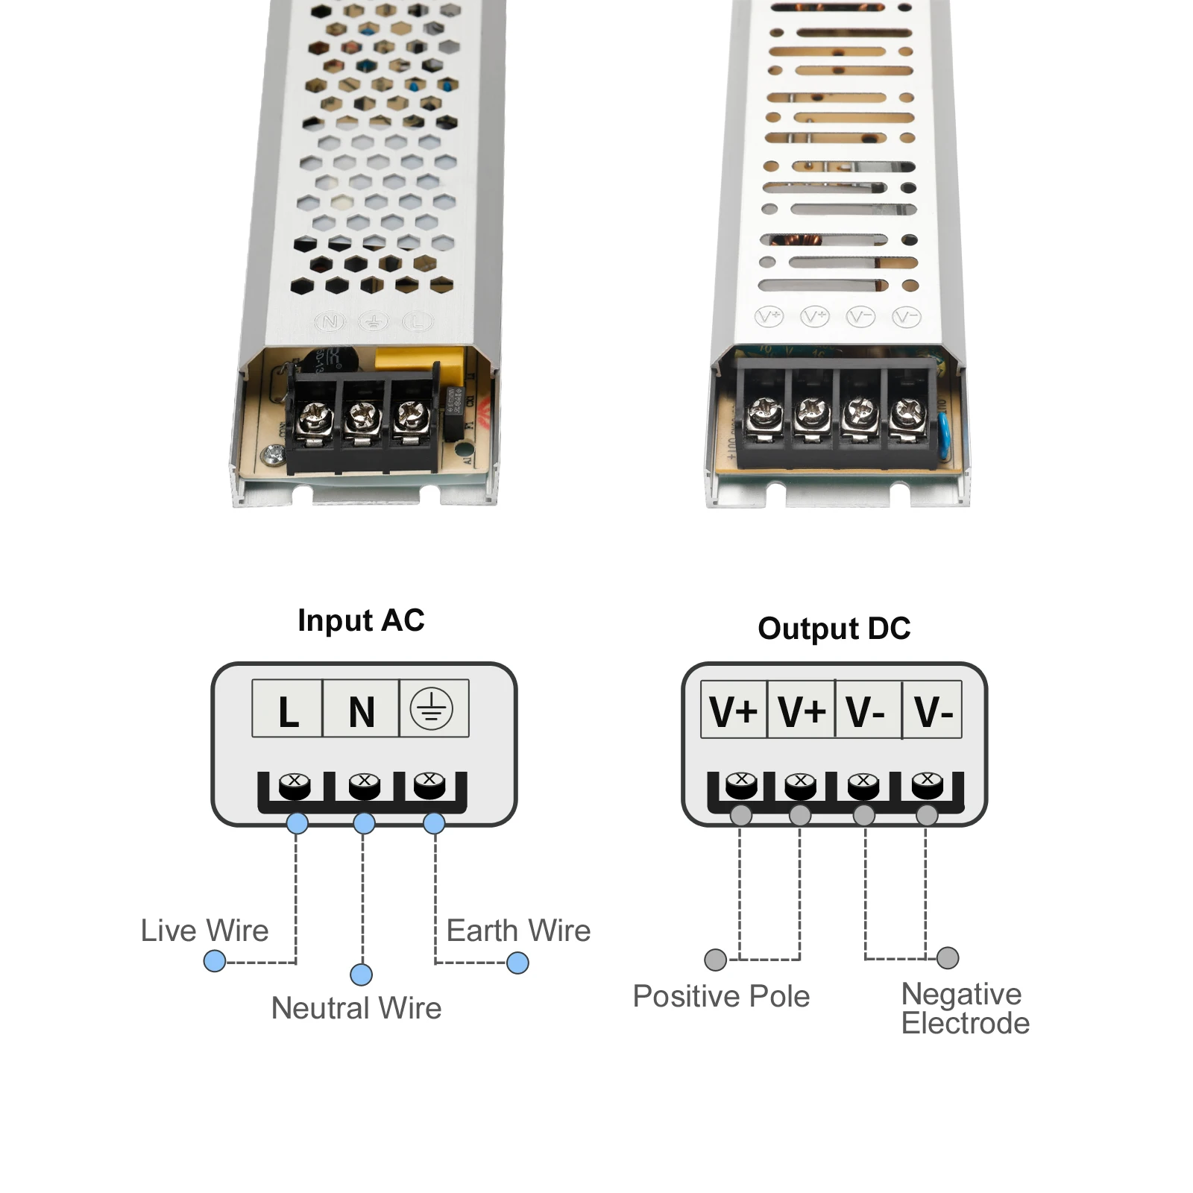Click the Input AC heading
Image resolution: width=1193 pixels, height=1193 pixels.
click(361, 620)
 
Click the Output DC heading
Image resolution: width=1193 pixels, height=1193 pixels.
click(834, 629)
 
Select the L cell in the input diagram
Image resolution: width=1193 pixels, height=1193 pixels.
click(288, 709)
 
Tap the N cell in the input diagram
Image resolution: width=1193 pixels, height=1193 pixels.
click(362, 709)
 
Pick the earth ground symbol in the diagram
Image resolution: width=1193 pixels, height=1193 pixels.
click(432, 708)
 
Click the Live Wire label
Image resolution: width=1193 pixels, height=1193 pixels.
click(204, 931)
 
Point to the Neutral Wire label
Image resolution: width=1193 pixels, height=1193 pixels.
click(356, 1008)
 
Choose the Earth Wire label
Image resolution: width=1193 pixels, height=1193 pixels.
click(518, 931)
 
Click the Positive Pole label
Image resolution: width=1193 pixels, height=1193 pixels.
click(721, 996)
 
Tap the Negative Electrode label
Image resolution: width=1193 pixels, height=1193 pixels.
click(965, 1009)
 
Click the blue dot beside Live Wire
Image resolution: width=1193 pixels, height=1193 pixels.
click(215, 961)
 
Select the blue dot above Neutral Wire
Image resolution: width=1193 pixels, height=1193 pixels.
click(362, 975)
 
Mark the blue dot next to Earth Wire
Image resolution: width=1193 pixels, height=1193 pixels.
click(517, 963)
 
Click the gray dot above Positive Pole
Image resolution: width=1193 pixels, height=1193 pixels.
click(716, 960)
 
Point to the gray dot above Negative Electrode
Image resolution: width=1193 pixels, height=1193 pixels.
click(948, 957)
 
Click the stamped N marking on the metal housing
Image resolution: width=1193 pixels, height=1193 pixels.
click(330, 322)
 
